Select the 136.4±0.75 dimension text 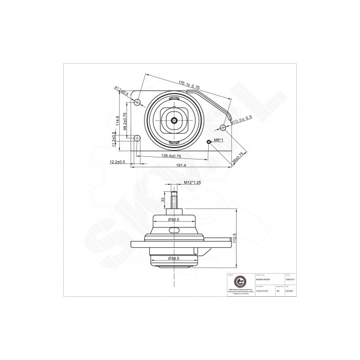coord(170,155)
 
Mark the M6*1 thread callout coord(219,141)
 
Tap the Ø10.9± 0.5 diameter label coord(241,120)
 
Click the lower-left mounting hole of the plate coord(137,138)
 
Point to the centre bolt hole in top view coord(175,121)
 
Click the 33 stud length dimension coord(163,199)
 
